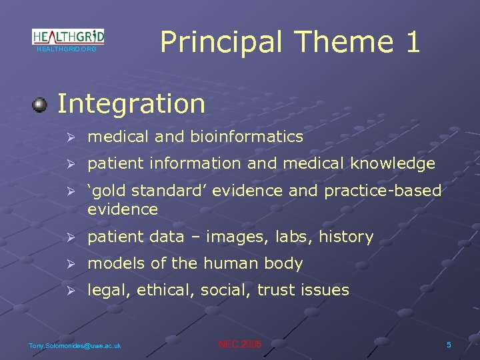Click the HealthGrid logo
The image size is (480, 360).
(68, 37)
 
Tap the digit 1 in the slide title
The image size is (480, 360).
(411, 42)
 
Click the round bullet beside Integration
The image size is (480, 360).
(41, 105)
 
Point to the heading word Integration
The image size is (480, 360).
(131, 104)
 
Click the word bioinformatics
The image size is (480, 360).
(247, 137)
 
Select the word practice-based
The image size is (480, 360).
(383, 191)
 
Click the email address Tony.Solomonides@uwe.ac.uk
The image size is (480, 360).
(75, 345)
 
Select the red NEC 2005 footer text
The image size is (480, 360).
(240, 344)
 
